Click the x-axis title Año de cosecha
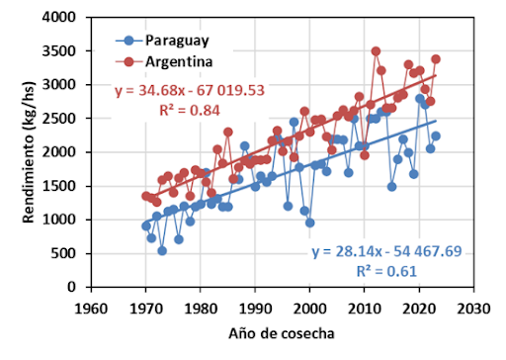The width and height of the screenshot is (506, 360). tap(281, 333)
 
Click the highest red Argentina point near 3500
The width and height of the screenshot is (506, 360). tap(376, 51)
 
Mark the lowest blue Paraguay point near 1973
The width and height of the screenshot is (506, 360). tap(162, 251)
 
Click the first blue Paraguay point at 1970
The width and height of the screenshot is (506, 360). tap(146, 225)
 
